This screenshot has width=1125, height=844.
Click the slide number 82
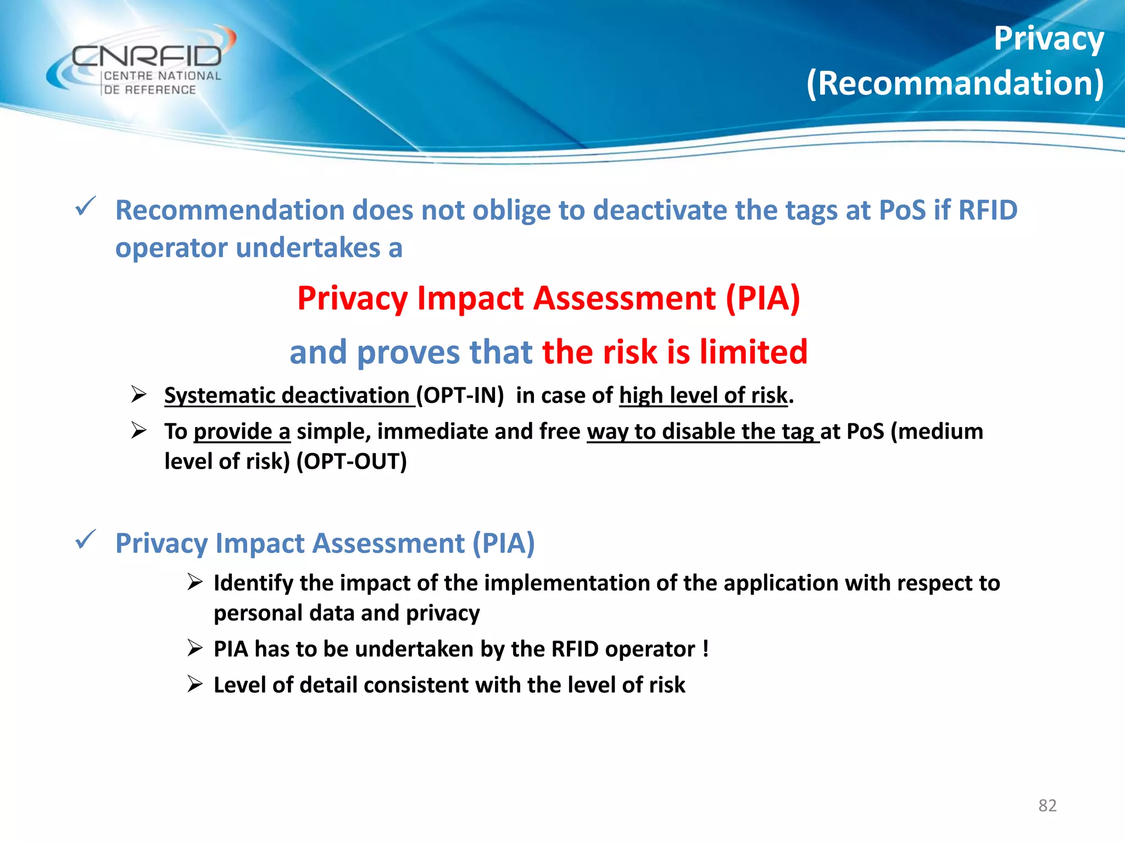(x=1047, y=805)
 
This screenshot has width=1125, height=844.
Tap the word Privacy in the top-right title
(x=1048, y=40)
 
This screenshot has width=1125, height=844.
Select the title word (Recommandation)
(x=955, y=84)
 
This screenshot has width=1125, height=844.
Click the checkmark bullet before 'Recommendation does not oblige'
(x=86, y=207)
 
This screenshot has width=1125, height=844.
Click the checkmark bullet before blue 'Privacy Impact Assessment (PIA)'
(x=86, y=540)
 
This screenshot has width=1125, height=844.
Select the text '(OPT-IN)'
(x=460, y=396)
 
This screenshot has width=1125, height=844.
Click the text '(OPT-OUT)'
(x=352, y=461)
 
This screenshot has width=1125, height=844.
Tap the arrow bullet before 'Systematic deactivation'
(x=138, y=395)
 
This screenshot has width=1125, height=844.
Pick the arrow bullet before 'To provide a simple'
(x=138, y=430)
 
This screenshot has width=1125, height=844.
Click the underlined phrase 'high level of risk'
(x=703, y=396)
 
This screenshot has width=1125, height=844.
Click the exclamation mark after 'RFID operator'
(x=705, y=649)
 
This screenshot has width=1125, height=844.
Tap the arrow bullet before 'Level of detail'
(x=194, y=684)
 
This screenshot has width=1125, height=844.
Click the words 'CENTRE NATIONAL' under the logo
(x=162, y=76)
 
